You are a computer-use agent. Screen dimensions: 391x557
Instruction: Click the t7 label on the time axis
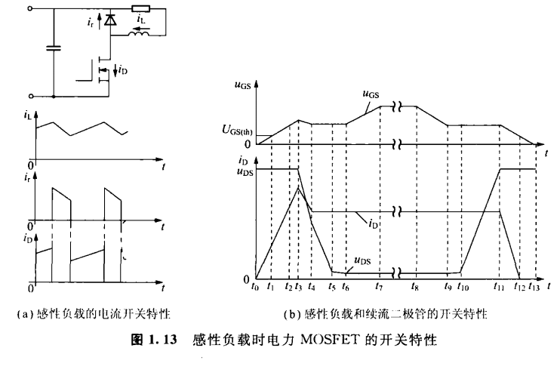(380, 288)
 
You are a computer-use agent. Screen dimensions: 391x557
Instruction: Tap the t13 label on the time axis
(534, 288)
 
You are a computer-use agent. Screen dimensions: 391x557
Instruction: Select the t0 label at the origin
(257, 288)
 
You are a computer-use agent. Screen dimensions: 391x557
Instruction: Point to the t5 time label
(332, 288)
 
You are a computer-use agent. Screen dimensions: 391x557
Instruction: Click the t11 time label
(499, 288)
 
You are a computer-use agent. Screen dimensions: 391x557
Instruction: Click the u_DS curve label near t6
(362, 262)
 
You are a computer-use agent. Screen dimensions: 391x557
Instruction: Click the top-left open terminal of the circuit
(31, 10)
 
